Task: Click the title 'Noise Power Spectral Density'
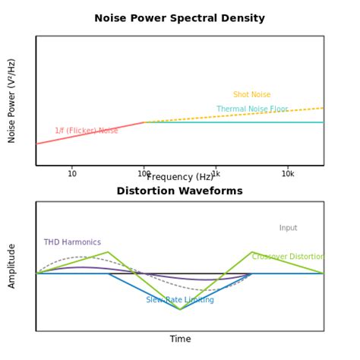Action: tap(179, 18)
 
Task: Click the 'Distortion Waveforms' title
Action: tap(179, 191)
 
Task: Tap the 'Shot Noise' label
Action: tap(251, 95)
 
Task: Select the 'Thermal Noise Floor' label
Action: tap(252, 109)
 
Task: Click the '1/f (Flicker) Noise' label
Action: tap(86, 131)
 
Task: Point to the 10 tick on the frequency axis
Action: tap(72, 174)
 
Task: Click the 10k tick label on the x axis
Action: tap(288, 174)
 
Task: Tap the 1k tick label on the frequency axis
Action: tap(216, 174)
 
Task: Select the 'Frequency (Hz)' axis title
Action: tap(179, 177)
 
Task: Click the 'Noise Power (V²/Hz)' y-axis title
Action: tap(12, 100)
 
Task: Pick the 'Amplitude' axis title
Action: tap(12, 266)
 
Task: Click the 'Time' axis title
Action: tap(180, 339)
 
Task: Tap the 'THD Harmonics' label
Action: tap(72, 242)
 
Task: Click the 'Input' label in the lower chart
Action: tap(288, 228)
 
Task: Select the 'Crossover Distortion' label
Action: tap(288, 257)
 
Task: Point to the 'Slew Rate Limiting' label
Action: tap(180, 300)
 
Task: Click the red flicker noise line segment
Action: tap(90, 133)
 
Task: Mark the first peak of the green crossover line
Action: tap(108, 252)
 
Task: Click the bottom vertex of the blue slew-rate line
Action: tap(180, 309)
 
